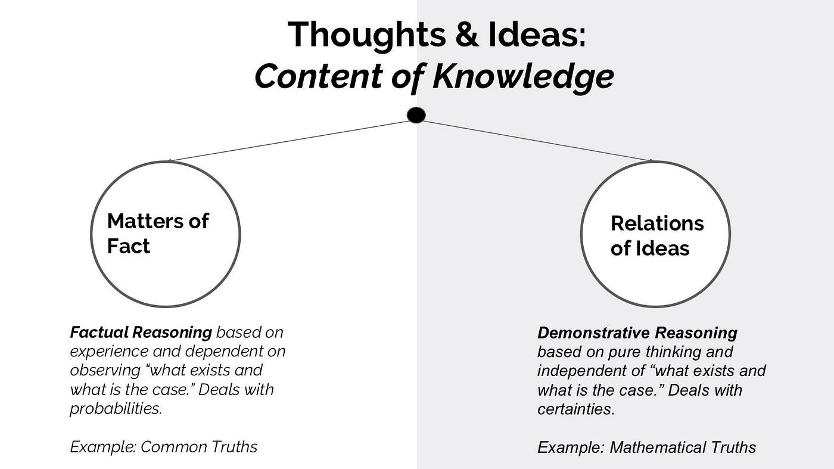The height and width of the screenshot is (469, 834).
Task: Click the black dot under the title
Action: tap(416, 115)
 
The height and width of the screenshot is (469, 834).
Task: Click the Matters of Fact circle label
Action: tap(158, 233)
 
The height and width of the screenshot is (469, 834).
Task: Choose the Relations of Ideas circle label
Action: tap(656, 235)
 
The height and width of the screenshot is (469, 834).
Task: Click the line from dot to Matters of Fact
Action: tap(292, 141)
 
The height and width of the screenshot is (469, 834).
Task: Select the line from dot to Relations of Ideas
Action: tap(536, 141)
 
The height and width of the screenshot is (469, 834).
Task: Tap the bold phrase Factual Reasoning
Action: tap(141, 332)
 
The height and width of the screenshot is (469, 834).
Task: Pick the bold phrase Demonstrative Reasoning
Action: tap(637, 333)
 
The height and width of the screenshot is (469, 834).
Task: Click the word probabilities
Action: tap(116, 409)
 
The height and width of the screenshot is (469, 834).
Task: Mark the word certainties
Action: tap(575, 409)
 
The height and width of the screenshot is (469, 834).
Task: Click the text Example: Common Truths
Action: tap(163, 447)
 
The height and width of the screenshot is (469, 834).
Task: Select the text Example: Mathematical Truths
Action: tap(646, 448)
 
